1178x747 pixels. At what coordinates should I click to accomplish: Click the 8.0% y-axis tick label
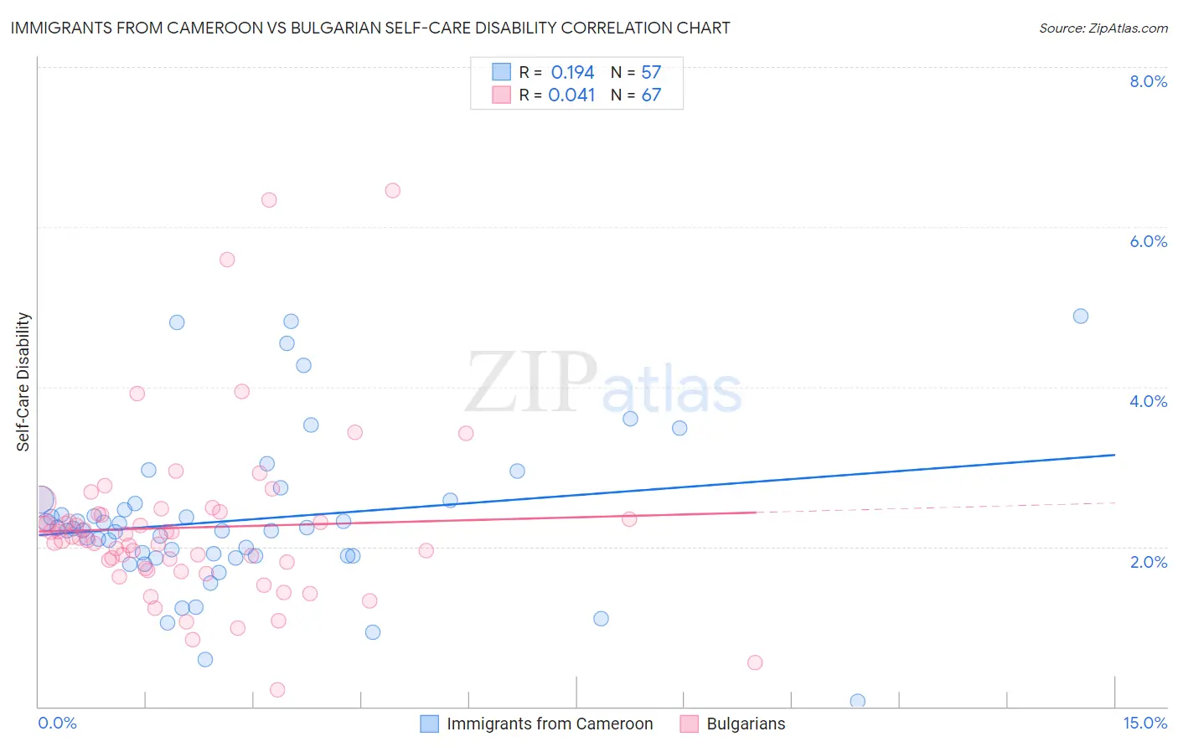1148,81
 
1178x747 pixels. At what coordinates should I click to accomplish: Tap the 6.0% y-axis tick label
1148,241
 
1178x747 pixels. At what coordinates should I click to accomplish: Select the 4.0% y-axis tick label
1148,401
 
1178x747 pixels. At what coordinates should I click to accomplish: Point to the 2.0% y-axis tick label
1148,562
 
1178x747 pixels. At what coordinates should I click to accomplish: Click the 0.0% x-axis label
57,723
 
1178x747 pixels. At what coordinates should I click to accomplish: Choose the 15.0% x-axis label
1144,723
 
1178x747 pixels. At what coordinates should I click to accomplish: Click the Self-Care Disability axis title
23,382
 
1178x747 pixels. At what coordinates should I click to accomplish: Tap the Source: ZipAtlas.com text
1103,28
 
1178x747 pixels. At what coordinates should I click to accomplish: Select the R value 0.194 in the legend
572,73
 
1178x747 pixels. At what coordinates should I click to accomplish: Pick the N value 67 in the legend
651,95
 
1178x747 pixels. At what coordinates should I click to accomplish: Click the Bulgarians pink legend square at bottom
690,724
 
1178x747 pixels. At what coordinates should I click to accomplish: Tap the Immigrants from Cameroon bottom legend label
550,724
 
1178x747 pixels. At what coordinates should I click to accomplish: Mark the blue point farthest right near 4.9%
1081,316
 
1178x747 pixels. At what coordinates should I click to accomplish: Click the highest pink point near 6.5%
392,190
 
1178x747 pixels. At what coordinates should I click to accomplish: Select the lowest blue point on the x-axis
857,701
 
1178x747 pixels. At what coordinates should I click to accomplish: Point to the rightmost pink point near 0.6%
755,662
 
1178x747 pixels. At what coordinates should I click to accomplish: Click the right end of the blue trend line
1114,455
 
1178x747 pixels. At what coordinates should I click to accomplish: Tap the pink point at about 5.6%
227,260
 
